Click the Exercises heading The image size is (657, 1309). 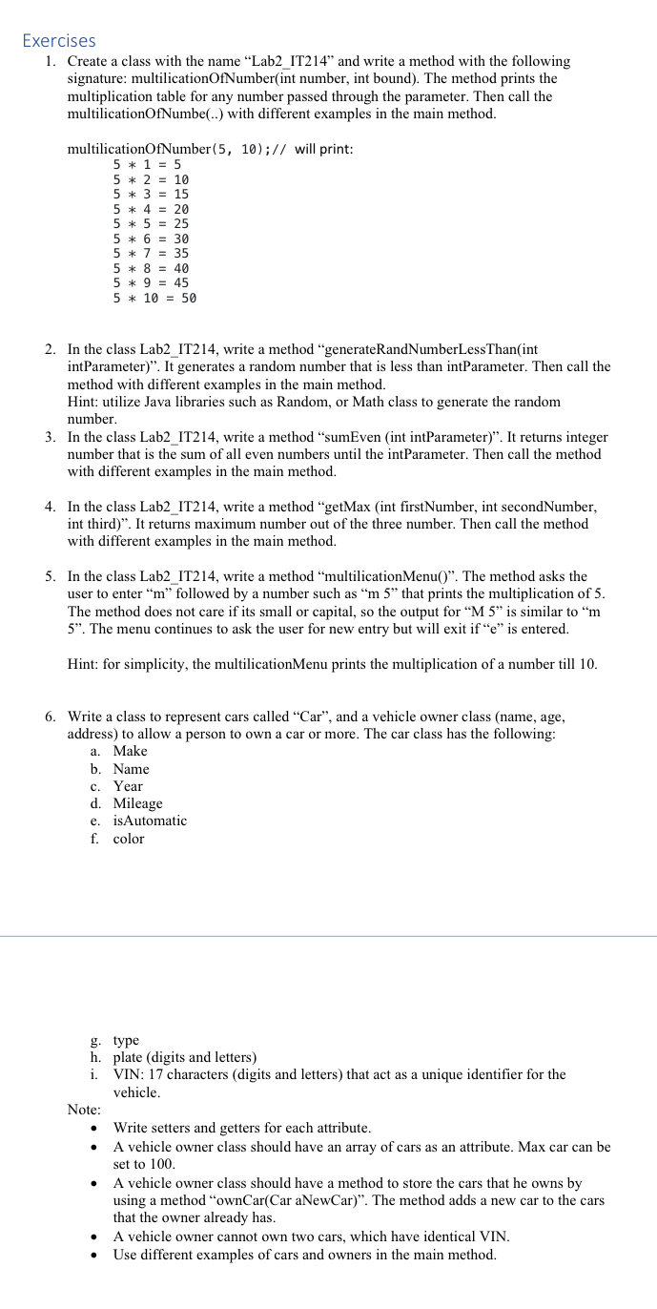coord(58,41)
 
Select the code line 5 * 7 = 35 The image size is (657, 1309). coord(151,253)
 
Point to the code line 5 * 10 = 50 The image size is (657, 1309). coord(154,298)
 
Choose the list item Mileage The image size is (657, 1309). coord(137,803)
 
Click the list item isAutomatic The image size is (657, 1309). coord(150,821)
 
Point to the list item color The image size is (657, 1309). coord(129,839)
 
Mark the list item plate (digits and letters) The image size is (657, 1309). coord(184,1057)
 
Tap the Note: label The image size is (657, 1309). coord(85,1110)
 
